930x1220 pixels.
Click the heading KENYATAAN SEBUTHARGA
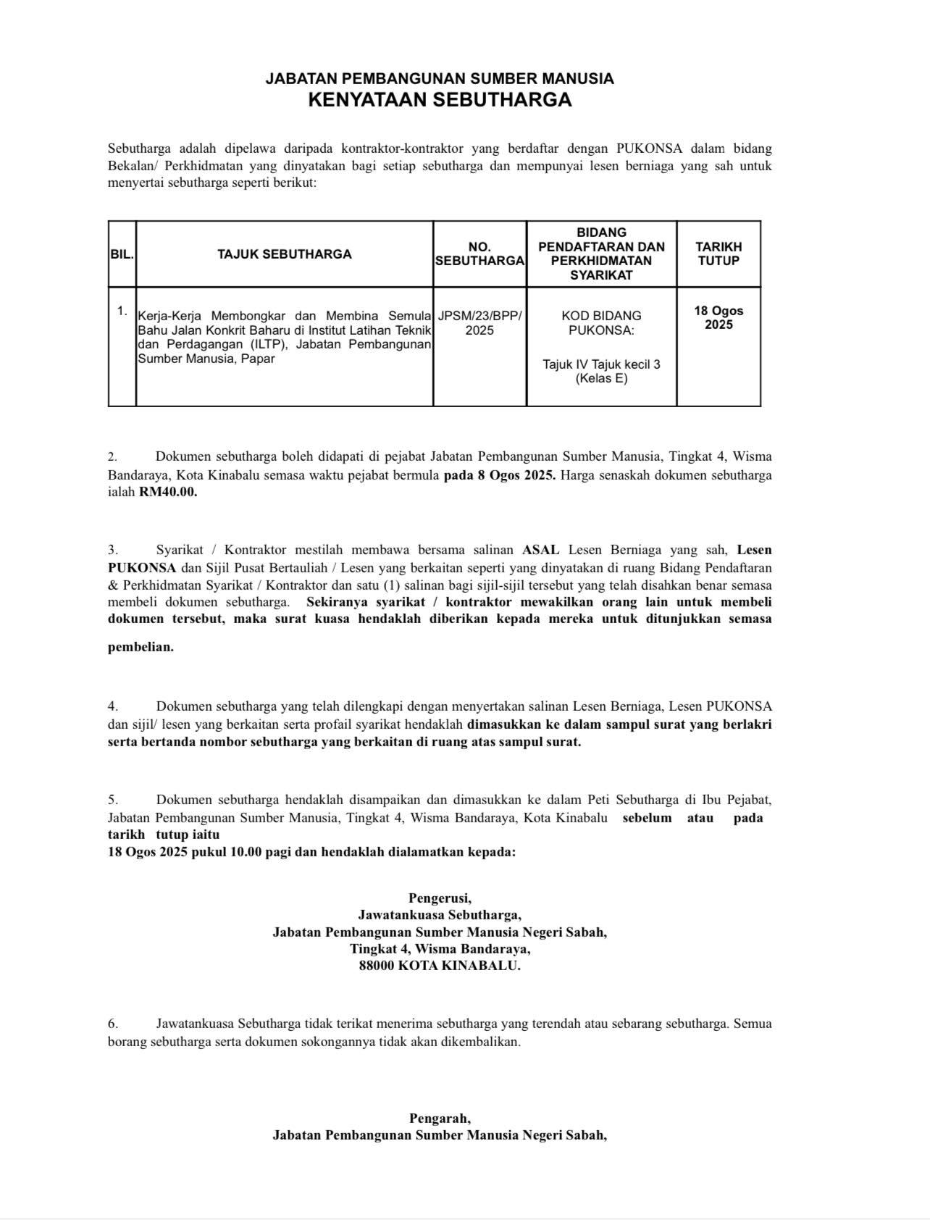[x=440, y=100]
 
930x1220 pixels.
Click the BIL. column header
[x=122, y=254]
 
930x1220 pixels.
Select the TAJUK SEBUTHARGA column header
[x=285, y=254]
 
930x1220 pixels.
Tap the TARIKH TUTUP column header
[x=719, y=254]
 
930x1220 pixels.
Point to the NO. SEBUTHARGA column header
[x=479, y=254]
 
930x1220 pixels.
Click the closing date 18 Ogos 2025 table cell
[x=719, y=317]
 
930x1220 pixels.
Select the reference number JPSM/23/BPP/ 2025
[x=479, y=323]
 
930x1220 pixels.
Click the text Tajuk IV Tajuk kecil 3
[x=601, y=364]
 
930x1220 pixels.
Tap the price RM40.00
[x=168, y=492]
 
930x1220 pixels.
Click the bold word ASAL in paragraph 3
[x=540, y=550]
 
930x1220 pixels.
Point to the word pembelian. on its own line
[x=141, y=647]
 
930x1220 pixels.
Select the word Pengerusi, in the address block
[x=440, y=898]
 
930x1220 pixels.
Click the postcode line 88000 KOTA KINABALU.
[x=440, y=966]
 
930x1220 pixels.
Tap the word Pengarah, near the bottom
[x=440, y=1118]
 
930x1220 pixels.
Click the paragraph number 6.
[x=113, y=1024]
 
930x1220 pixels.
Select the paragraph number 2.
[x=112, y=456]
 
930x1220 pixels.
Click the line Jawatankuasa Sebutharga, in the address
[x=440, y=915]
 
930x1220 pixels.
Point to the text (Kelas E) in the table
[x=601, y=378]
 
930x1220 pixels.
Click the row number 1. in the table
[x=122, y=311]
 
